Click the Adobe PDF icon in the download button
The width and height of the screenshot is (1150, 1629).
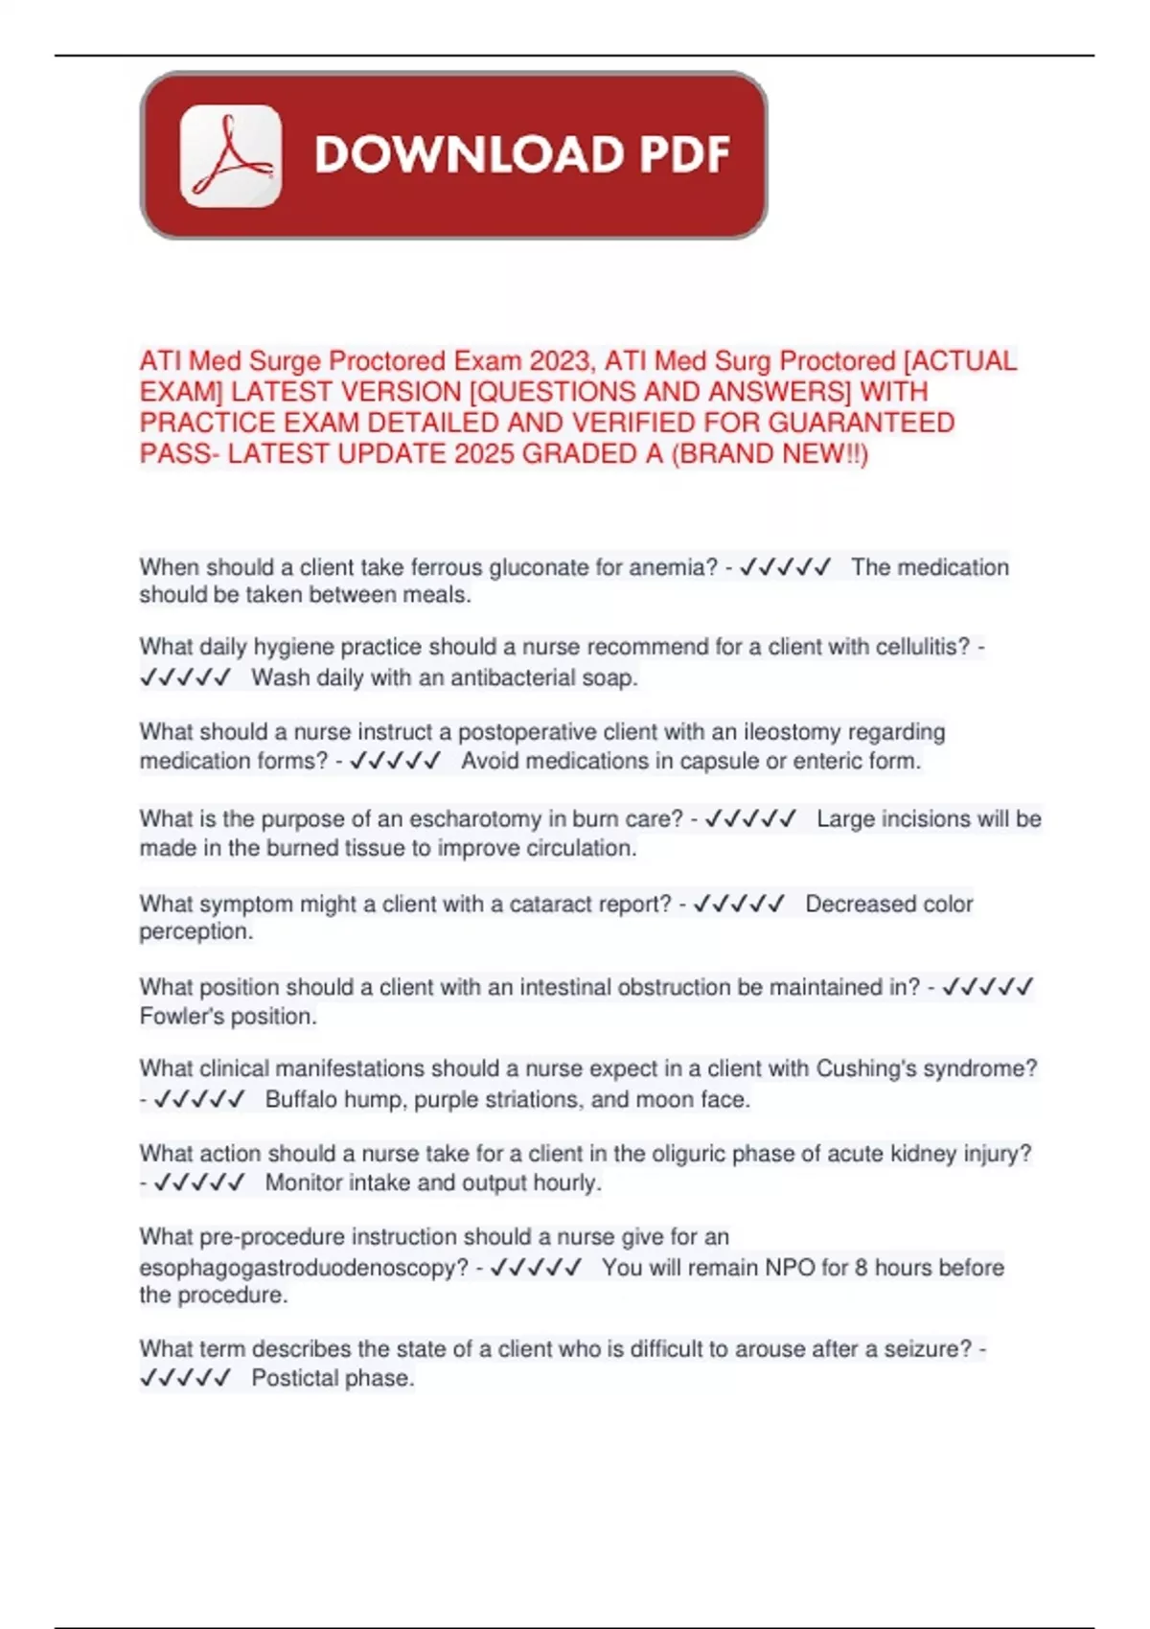(231, 155)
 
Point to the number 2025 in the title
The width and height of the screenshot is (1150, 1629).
(487, 453)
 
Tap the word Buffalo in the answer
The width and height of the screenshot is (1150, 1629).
(300, 1099)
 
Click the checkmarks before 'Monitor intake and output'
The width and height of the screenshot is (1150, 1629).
(199, 1182)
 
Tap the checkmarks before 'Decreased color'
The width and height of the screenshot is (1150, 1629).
(739, 904)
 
